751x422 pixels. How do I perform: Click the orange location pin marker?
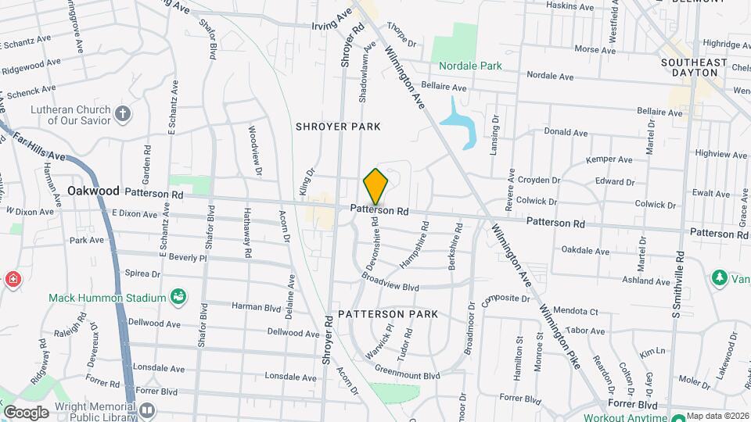(375, 187)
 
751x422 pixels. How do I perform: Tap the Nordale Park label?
(469, 66)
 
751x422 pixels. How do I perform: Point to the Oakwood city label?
(93, 191)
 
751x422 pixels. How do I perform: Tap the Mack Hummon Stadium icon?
(178, 297)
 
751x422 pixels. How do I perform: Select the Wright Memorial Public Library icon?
(147, 409)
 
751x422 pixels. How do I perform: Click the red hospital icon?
(13, 279)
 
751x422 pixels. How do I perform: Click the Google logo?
(26, 412)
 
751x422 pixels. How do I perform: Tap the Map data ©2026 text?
(717, 415)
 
